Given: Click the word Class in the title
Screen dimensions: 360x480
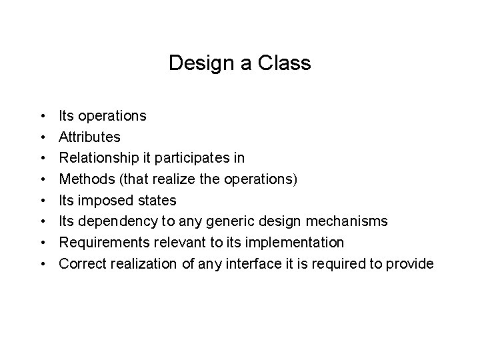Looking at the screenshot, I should tap(289, 64).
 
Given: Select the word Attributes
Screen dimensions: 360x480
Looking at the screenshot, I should tap(90, 137).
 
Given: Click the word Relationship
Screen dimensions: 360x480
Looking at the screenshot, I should tap(99, 158).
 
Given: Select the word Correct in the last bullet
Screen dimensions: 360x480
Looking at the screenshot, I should tap(81, 263).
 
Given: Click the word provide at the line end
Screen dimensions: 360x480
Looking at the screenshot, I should tap(409, 263).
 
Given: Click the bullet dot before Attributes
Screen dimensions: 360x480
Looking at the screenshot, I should tap(42, 137).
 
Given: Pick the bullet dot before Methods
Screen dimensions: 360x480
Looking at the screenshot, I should tap(42, 179).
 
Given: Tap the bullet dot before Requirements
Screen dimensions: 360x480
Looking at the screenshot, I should tap(42, 243).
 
